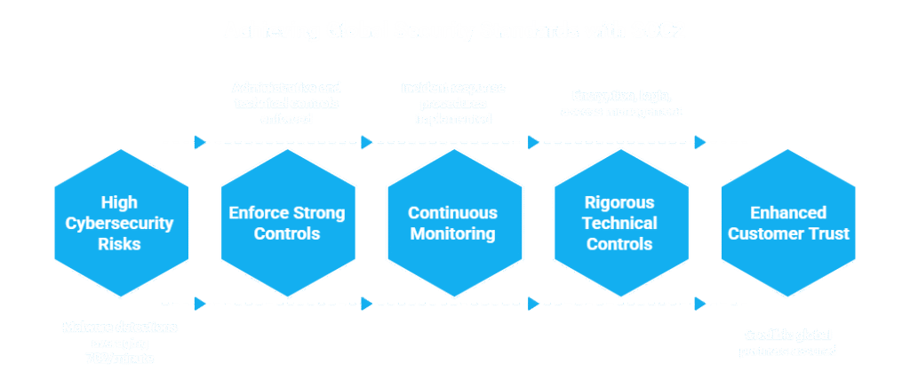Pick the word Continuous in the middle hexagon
click(453, 213)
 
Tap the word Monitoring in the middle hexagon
click(453, 234)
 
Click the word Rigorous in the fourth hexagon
click(619, 201)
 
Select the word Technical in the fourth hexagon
click(619, 223)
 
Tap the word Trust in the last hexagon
click(830, 234)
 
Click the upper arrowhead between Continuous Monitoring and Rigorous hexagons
click(534, 142)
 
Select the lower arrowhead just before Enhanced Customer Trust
click(701, 304)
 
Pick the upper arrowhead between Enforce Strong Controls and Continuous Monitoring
click(367, 142)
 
